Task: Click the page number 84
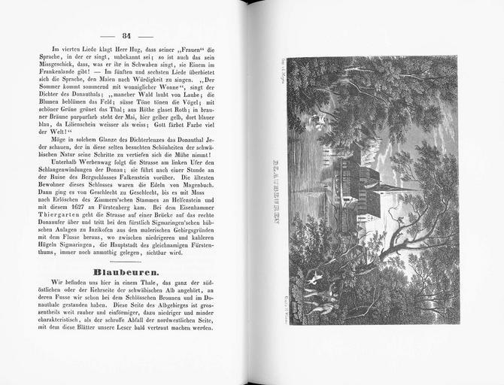[x=126, y=35]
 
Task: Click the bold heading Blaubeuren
[x=126, y=271]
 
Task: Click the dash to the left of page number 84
[x=108, y=36]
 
